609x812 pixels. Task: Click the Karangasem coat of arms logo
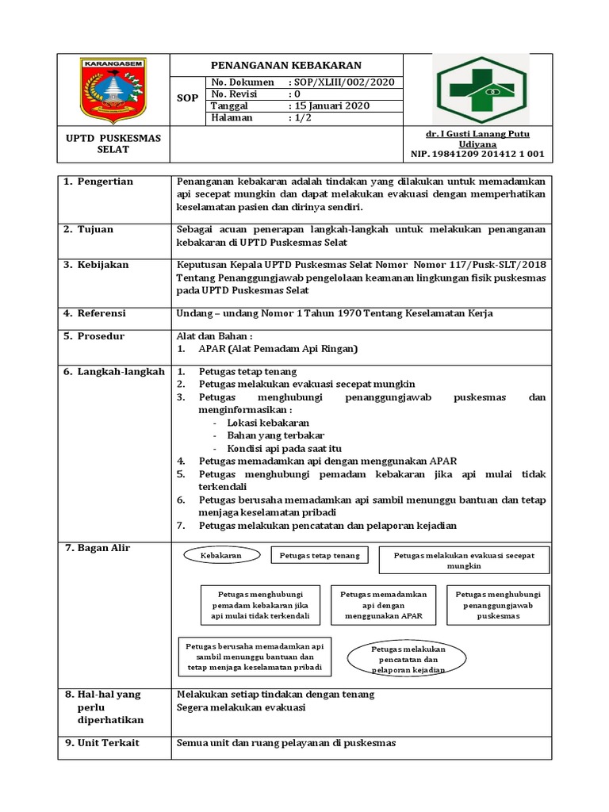113,90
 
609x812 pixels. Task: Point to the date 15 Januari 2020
331,106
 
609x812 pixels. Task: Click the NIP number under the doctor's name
477,155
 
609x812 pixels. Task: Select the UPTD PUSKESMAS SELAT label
113,144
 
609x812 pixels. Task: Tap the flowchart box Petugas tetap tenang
320,556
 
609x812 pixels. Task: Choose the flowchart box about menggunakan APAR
384,605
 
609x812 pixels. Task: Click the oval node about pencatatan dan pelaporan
408,659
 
